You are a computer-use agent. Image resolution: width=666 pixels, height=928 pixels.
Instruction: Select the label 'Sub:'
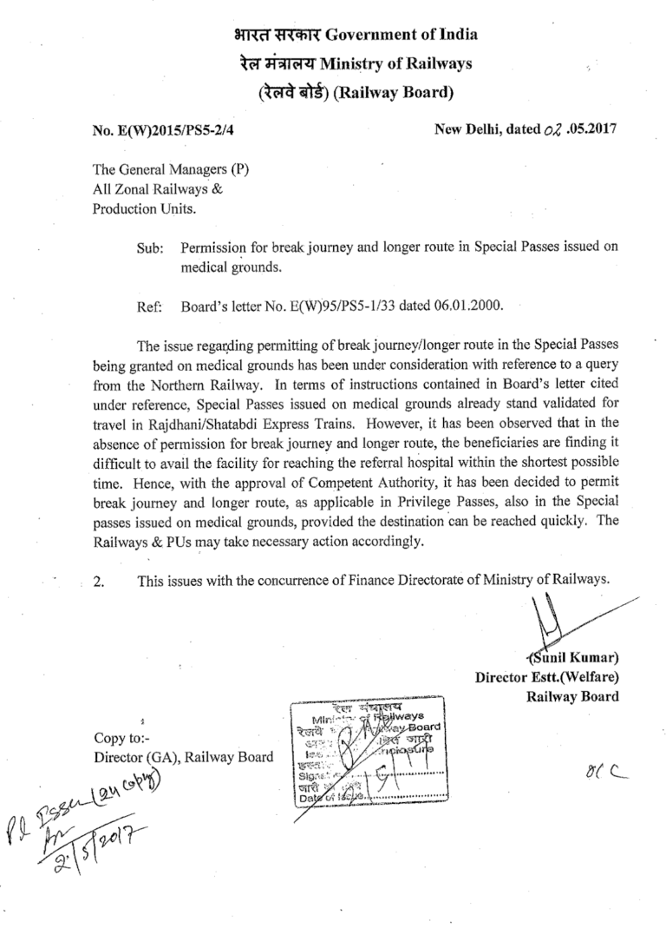pyautogui.click(x=152, y=247)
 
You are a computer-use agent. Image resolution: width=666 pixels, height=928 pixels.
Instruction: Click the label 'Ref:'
pyautogui.click(x=152, y=306)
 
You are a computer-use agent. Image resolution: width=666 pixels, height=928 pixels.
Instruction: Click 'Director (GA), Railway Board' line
pyautogui.click(x=182, y=757)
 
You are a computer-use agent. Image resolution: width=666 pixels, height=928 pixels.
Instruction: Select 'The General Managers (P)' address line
pyautogui.click(x=159, y=170)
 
